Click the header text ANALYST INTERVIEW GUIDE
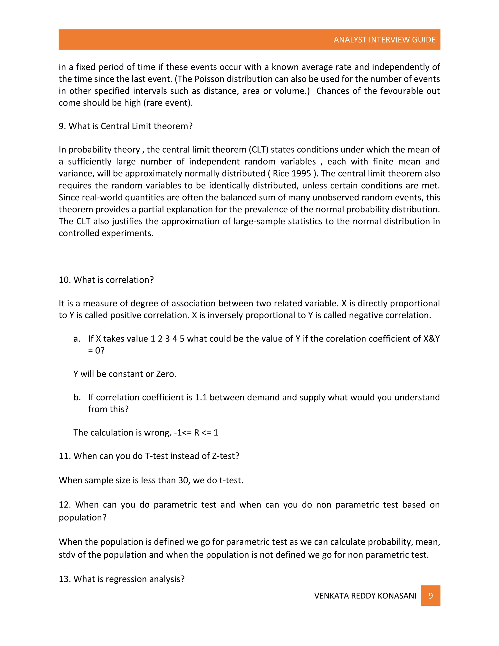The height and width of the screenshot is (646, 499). pos(384,40)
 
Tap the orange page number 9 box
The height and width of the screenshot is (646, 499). pos(431,596)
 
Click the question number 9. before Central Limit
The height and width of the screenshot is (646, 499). pos(62,126)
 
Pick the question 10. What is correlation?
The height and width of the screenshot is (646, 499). pos(106,280)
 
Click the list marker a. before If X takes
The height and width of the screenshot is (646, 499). pos(77,339)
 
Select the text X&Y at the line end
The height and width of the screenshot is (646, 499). pos(431,339)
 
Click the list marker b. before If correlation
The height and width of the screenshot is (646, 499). pos(77,397)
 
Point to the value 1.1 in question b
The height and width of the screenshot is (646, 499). pos(201,397)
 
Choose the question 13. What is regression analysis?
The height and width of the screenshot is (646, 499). pos(122,579)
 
